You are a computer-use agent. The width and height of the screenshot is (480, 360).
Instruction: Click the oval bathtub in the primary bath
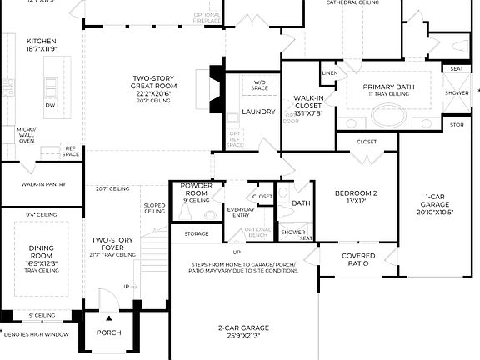[x=388, y=115]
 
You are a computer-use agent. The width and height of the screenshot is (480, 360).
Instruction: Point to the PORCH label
[x=108, y=332]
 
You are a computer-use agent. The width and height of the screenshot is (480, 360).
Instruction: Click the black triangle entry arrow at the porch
[x=107, y=317]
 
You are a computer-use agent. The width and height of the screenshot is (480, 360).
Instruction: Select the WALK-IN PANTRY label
[x=41, y=186]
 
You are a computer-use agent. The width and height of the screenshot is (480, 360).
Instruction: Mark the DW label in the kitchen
[x=50, y=105]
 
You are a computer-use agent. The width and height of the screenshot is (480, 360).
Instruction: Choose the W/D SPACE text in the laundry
[x=260, y=84]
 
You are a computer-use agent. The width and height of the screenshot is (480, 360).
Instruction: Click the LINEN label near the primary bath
[x=329, y=73]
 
